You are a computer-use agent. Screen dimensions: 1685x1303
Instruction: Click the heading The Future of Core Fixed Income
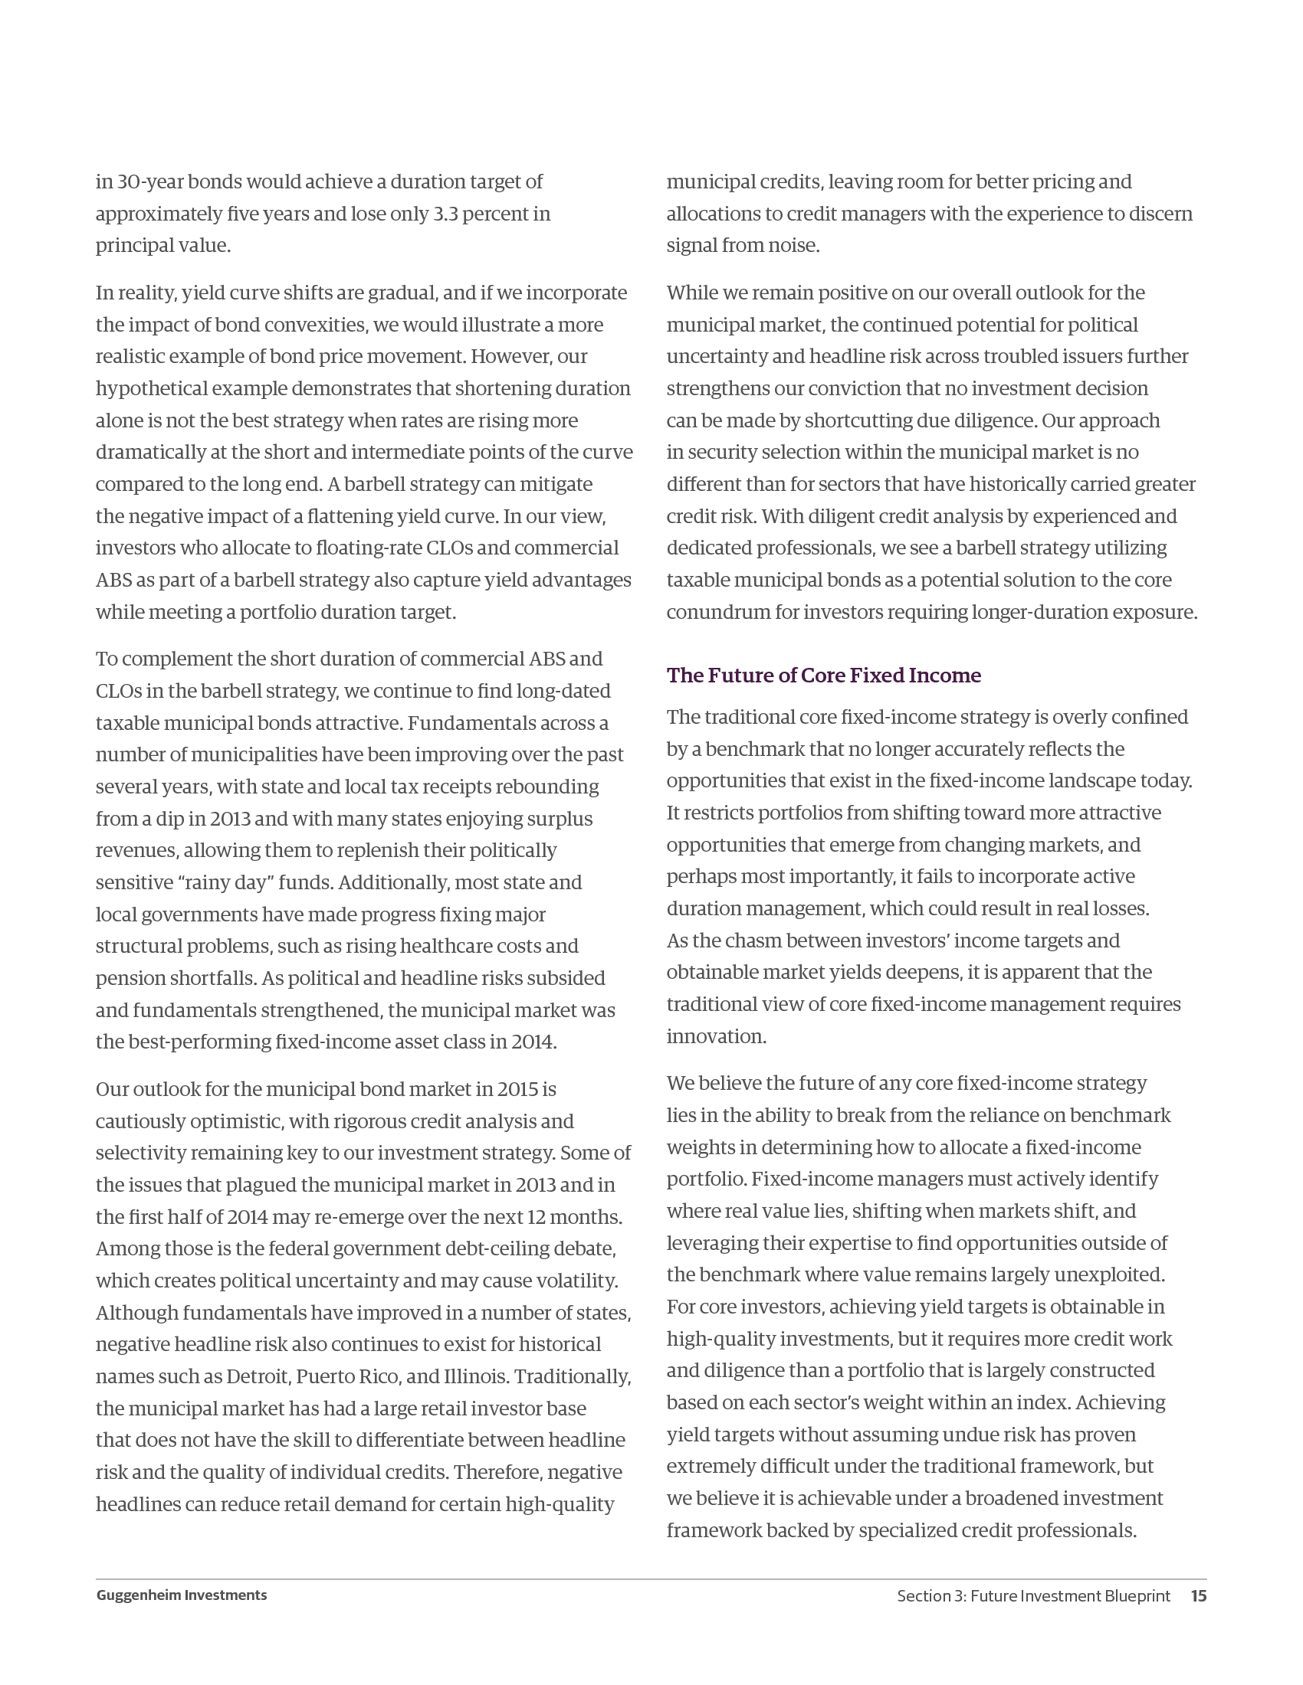(824, 675)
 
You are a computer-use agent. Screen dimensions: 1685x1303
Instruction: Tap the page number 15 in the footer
(1198, 1595)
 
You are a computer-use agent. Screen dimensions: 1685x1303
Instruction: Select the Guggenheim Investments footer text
(182, 1595)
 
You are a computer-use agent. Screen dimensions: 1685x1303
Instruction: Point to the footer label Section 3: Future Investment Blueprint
(1033, 1595)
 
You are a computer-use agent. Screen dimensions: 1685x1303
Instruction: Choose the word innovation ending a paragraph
(716, 1036)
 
